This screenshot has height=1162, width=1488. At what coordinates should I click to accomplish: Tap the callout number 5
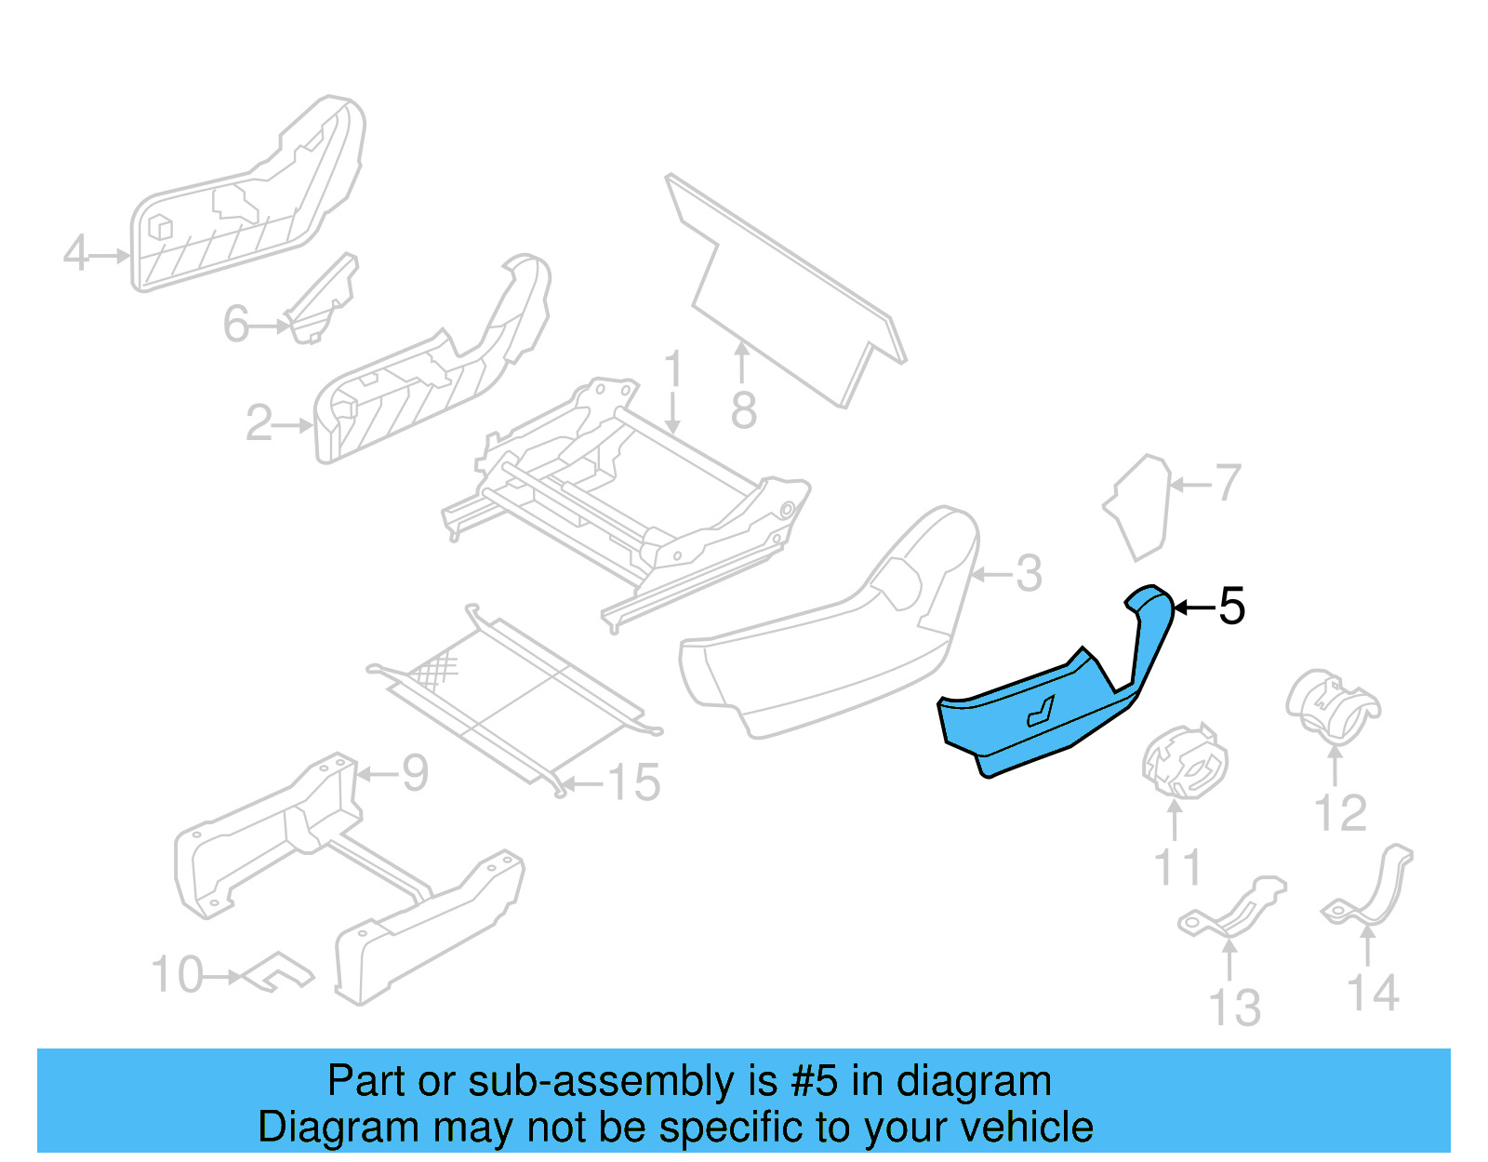(x=1231, y=608)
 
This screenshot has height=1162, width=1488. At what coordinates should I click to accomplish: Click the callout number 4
(x=75, y=253)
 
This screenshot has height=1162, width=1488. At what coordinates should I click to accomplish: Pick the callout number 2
(x=259, y=424)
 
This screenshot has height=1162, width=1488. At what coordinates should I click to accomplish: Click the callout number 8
(x=743, y=410)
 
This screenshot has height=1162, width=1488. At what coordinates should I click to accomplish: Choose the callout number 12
(x=1340, y=813)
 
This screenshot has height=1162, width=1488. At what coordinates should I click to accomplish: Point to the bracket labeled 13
(x=1232, y=906)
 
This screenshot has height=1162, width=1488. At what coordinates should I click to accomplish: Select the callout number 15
(x=634, y=783)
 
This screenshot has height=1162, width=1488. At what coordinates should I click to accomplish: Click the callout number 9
(x=414, y=773)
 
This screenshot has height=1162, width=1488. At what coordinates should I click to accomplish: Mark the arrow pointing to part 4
(x=111, y=255)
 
